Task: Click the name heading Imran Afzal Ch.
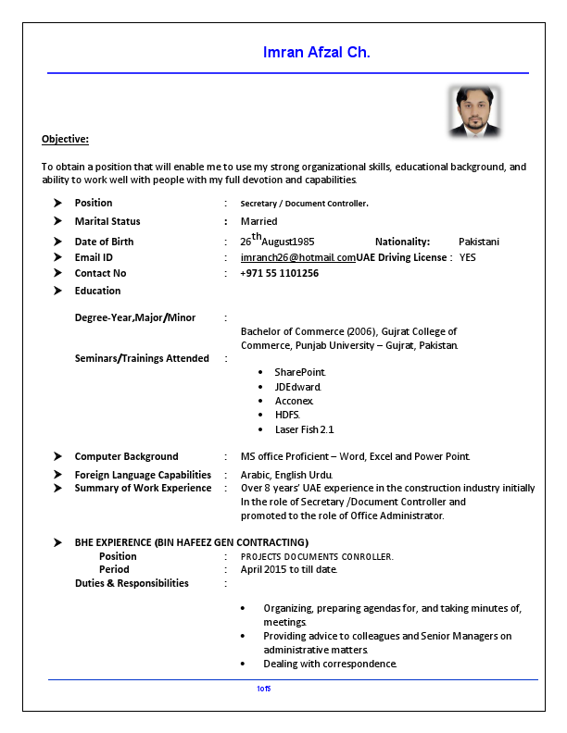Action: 317,53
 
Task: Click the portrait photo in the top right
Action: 475,111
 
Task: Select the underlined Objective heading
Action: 65,139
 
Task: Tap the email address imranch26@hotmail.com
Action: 297,257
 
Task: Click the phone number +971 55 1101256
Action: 279,273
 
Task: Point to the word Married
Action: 258,221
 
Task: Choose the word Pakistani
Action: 478,242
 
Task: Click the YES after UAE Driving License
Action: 467,257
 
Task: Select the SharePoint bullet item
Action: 299,371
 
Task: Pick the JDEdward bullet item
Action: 297,386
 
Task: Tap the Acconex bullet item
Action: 294,401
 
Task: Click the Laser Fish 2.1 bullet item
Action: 304,429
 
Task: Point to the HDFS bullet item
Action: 287,415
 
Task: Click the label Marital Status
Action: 107,221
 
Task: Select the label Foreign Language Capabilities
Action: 143,475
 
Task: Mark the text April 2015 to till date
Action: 288,569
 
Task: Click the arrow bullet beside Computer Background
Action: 57,456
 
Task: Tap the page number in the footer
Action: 264,689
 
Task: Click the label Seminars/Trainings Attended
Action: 142,358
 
